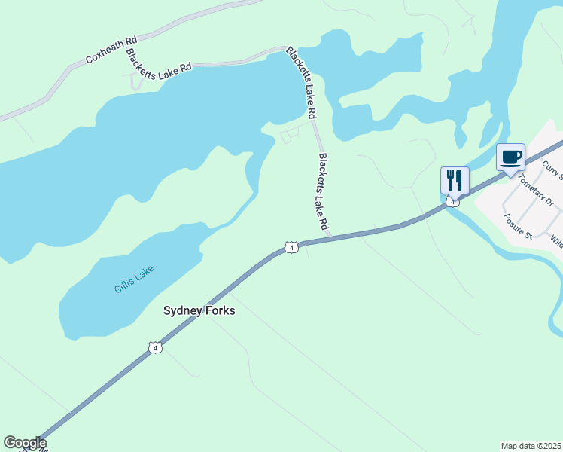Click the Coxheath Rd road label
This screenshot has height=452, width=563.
click(111, 48)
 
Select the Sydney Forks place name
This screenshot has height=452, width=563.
click(199, 310)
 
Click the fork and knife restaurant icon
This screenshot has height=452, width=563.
click(455, 179)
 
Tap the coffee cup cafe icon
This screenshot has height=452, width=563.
click(510, 157)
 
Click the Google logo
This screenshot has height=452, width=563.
click(25, 443)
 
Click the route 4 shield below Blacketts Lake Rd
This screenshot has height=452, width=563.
click(291, 247)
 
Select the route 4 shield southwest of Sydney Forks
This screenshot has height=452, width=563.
click(154, 347)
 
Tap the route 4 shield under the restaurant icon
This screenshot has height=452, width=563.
click(452, 201)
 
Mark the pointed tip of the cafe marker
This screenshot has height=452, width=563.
click(510, 176)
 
